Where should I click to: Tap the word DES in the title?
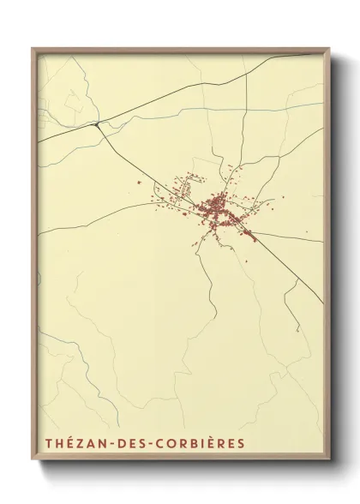tap(133, 444)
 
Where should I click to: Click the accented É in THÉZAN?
tap(69, 444)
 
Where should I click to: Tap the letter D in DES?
tap(123, 444)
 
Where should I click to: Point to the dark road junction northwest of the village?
tap(97, 124)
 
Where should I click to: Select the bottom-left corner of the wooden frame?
tap(33, 462)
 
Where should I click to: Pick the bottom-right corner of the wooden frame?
tap(329, 462)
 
